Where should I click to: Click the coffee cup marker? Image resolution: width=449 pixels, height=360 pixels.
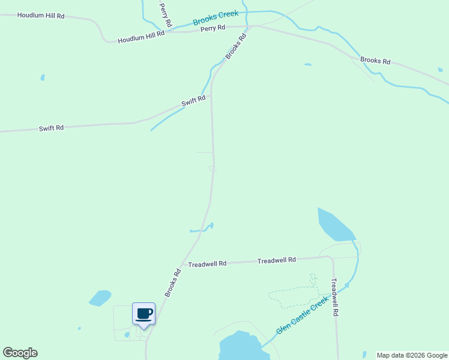(x=143, y=313)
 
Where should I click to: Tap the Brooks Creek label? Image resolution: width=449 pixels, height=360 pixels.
(x=215, y=18)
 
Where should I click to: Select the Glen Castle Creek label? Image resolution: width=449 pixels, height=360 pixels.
(x=303, y=314)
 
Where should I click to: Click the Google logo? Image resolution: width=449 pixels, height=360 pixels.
(x=20, y=353)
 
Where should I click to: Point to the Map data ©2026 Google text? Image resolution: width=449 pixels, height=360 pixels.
(x=412, y=355)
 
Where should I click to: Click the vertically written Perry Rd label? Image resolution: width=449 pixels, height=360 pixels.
(x=166, y=15)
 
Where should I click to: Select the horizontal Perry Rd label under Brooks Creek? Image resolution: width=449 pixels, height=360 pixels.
(x=212, y=28)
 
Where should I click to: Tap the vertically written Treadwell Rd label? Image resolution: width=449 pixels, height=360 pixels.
(x=336, y=296)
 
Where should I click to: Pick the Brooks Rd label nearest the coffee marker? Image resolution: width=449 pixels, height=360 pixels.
(x=173, y=282)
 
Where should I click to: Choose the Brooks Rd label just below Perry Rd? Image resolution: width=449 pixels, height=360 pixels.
(x=236, y=46)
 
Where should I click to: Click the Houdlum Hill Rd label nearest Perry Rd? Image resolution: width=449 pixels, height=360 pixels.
(x=141, y=38)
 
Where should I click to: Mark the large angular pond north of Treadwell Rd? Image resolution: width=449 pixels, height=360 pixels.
(x=335, y=225)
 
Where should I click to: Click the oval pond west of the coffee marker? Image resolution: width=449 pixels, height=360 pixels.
(x=100, y=298)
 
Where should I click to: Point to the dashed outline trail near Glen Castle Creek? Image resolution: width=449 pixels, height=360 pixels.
(x=294, y=295)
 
